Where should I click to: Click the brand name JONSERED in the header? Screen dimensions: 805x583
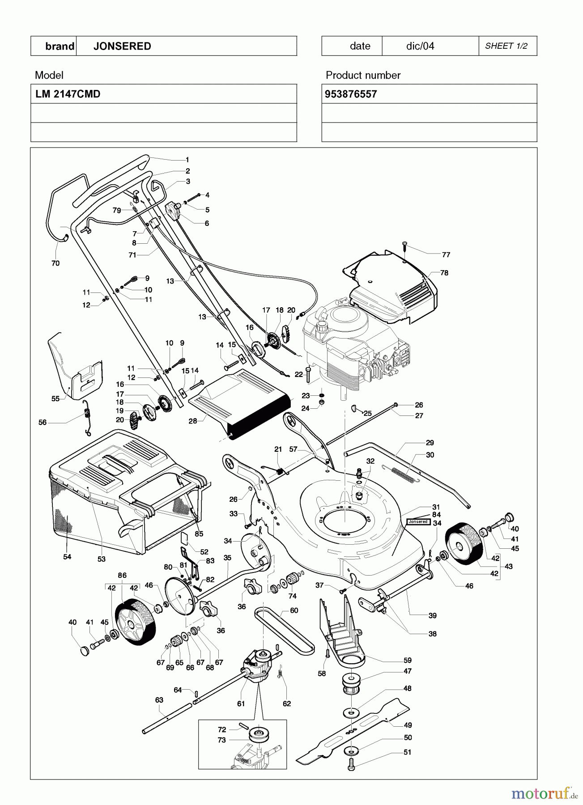coord(122,46)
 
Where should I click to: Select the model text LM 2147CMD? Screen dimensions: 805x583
coord(68,94)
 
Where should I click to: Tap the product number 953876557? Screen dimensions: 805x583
coord(351,94)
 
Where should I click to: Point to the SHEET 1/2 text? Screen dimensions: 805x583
coord(506,46)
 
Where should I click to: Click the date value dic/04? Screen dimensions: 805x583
coord(420,46)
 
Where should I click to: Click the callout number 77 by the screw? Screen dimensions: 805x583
coord(446,255)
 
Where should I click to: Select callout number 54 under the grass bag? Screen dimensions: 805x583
coord(67,557)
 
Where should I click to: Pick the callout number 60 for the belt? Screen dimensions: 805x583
coord(294,610)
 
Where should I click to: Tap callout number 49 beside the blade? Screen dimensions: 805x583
coord(408,725)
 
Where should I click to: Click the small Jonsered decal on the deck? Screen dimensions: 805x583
coord(418,521)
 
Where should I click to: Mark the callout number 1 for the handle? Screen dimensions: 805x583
coord(187,160)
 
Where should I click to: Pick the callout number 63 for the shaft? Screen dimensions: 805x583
coord(159,700)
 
